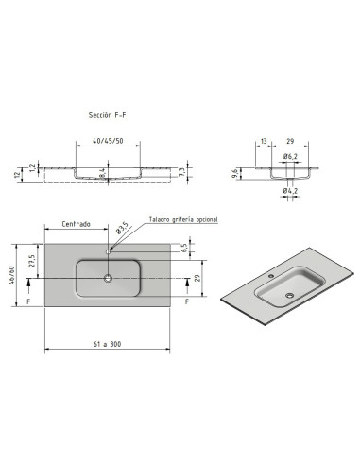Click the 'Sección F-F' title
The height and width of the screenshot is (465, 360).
(x=107, y=115)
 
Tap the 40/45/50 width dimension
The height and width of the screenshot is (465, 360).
(x=108, y=141)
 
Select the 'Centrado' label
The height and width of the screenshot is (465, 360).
(x=76, y=224)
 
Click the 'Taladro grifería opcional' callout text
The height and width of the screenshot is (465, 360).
(x=183, y=219)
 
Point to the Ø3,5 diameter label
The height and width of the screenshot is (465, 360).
(x=122, y=228)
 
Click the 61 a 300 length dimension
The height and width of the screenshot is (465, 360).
(x=107, y=344)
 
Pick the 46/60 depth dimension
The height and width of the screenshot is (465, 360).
(x=11, y=275)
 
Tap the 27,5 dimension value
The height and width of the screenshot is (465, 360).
(x=32, y=261)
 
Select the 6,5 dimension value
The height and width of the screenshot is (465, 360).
(x=184, y=248)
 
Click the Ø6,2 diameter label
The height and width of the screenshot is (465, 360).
(x=290, y=156)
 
